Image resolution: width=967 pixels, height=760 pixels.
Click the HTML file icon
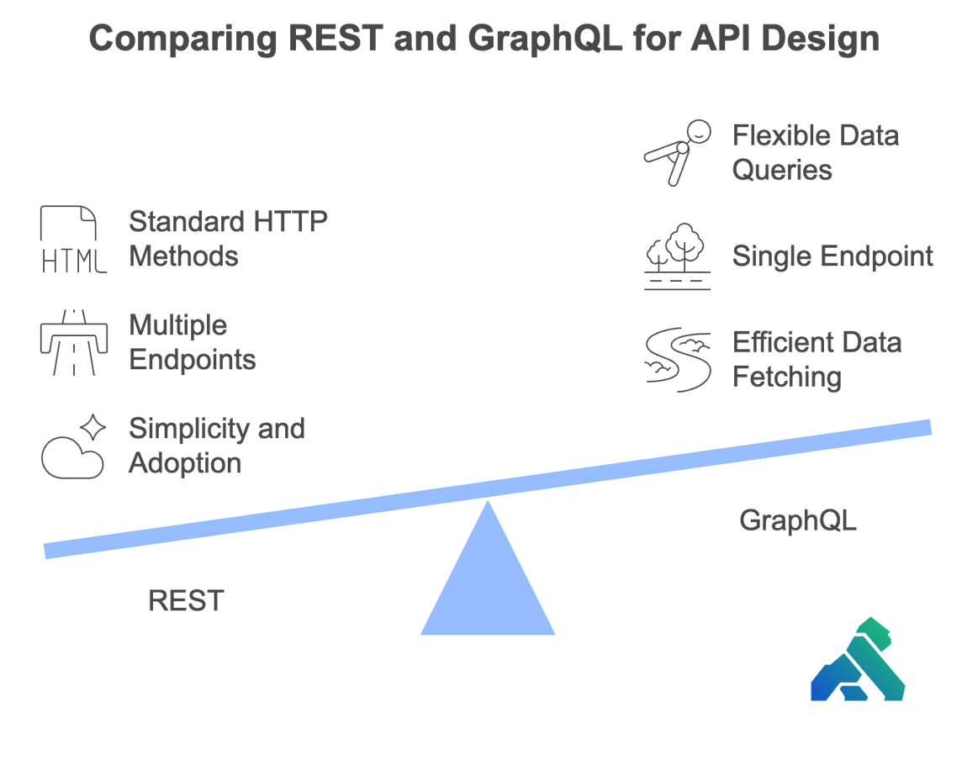[72, 240]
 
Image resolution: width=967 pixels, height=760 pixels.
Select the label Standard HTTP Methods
[227, 239]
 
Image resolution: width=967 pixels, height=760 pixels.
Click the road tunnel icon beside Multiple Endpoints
[72, 342]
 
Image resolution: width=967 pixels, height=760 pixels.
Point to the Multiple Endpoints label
[192, 342]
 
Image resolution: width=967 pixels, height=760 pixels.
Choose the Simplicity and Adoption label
[215, 446]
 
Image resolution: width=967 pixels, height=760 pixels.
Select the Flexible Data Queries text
[814, 152]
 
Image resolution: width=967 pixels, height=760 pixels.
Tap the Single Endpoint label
[832, 256]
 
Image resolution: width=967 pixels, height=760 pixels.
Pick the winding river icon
[678, 360]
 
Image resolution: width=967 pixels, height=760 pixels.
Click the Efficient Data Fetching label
[816, 360]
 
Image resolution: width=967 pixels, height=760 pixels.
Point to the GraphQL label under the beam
[797, 520]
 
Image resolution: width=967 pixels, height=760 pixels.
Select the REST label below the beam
[186, 601]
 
